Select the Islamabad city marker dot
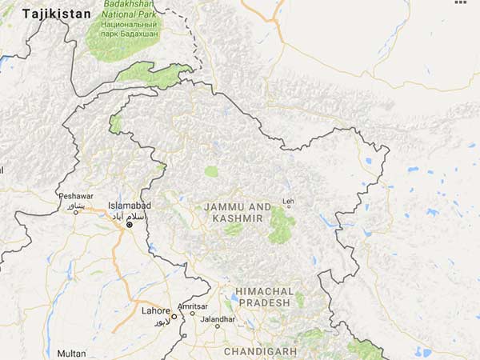(129, 225)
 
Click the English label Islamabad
(129, 206)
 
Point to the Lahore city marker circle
(174, 316)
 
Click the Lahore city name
(155, 310)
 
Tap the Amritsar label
(193, 306)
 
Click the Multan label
(71, 353)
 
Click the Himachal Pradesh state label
(264, 297)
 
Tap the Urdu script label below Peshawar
(74, 206)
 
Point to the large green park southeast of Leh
(280, 224)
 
